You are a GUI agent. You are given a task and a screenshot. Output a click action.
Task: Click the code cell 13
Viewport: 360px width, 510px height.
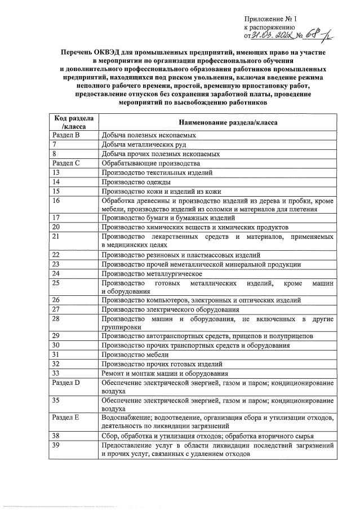pyautogui.click(x=56, y=172)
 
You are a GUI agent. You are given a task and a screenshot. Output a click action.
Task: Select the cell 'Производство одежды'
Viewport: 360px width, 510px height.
pyautogui.click(x=137, y=181)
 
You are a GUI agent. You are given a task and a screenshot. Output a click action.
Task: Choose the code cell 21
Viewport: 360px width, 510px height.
pyautogui.click(x=56, y=236)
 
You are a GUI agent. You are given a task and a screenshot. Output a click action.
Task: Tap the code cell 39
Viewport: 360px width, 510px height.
pyautogui.click(x=56, y=445)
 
